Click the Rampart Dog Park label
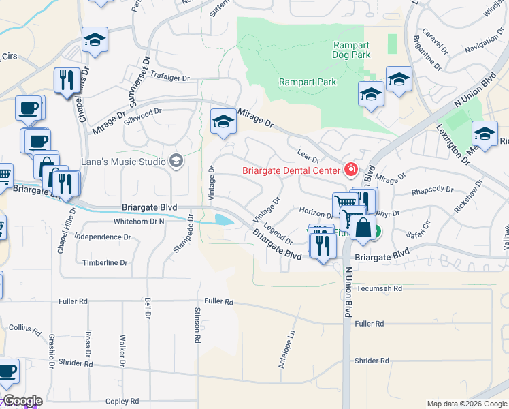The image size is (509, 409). pos(351,50)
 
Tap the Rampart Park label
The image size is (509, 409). pos(308,82)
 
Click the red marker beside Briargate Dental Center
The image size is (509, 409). pos(351,169)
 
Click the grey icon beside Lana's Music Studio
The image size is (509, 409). pos(176,162)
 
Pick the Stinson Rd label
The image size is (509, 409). pos(197,324)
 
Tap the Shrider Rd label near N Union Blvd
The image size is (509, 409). pos(372,361)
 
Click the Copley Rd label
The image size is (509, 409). pos(123,401)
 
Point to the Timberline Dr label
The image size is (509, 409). pos(105,262)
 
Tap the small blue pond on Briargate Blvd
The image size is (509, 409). pos(222,219)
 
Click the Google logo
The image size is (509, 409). pos(22,401)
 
